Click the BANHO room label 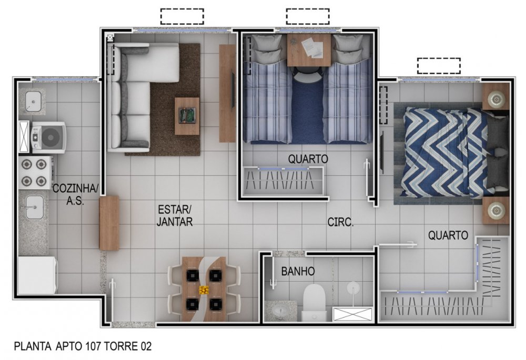click(298, 271)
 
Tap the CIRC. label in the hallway click(340, 222)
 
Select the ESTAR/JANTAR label click(175, 215)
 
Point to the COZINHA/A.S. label click(75, 194)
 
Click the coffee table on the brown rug click(187, 116)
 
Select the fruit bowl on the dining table click(204, 290)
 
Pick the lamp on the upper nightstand click(497, 99)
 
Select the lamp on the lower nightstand click(497, 211)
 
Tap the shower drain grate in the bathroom click(352, 314)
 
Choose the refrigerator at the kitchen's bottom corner click(37, 275)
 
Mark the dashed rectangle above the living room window click(182, 16)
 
